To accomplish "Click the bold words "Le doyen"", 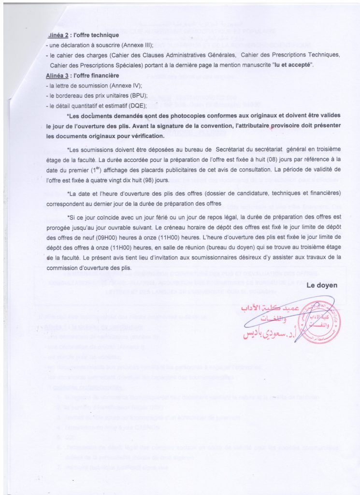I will click(x=322, y=286).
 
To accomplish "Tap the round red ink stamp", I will click(x=325, y=320).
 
